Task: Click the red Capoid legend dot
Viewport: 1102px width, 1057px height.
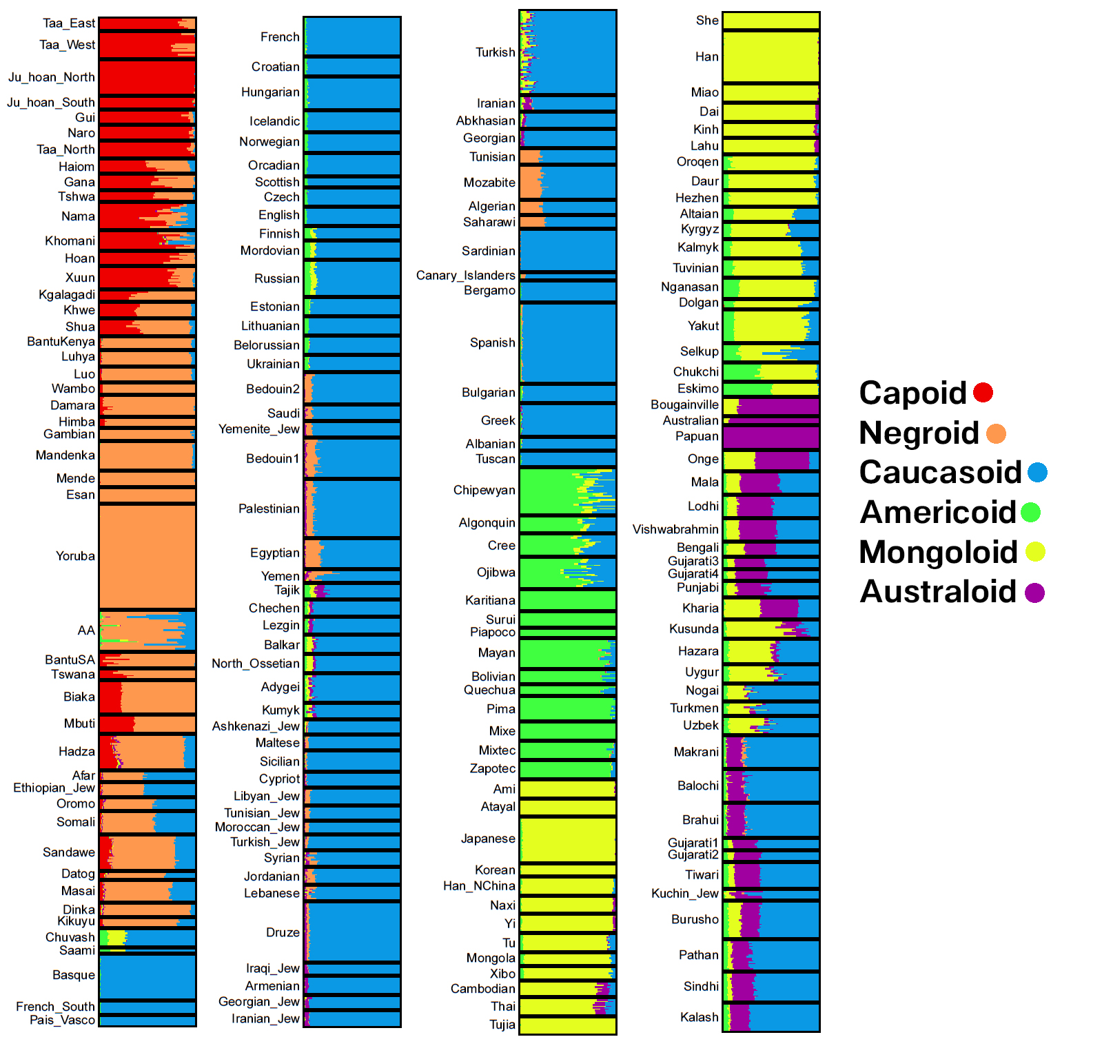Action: [x=983, y=393]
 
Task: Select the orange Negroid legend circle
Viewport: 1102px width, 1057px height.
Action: [x=996, y=433]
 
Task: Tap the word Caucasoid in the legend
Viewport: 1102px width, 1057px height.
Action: [x=940, y=473]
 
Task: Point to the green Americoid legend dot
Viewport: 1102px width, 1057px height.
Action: [x=1030, y=513]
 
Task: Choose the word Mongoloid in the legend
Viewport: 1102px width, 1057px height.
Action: [x=938, y=553]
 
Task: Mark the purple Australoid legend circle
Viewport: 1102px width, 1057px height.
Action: [x=1034, y=593]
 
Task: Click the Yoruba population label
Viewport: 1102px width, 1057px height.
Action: [x=75, y=556]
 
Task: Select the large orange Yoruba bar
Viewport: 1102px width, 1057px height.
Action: [x=147, y=556]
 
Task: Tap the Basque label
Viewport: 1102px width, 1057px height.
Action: [x=74, y=975]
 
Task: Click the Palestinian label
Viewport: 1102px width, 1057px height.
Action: [x=269, y=509]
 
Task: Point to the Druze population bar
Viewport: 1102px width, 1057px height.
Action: [x=352, y=932]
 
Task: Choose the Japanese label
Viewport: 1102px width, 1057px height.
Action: [x=488, y=839]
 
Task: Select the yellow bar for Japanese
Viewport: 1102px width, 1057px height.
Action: [x=567, y=839]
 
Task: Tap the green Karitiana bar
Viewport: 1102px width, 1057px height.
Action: [x=567, y=600]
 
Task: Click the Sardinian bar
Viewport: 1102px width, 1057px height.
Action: [x=567, y=250]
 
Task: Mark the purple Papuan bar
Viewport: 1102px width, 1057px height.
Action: [x=771, y=437]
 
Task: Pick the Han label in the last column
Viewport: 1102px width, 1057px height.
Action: [x=706, y=57]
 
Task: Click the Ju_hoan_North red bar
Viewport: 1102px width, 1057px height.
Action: [x=147, y=77]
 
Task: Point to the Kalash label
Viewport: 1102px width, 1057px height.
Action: [x=699, y=1017]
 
